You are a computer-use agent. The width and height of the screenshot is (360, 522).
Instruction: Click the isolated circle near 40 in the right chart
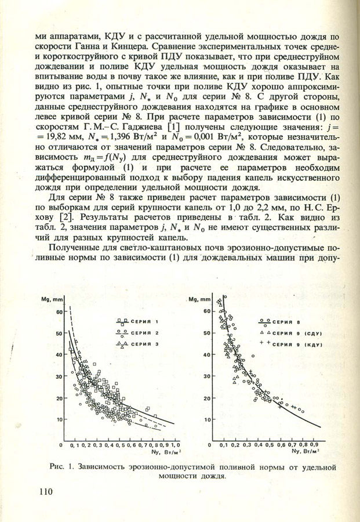pyautogui.click(x=253, y=356)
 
